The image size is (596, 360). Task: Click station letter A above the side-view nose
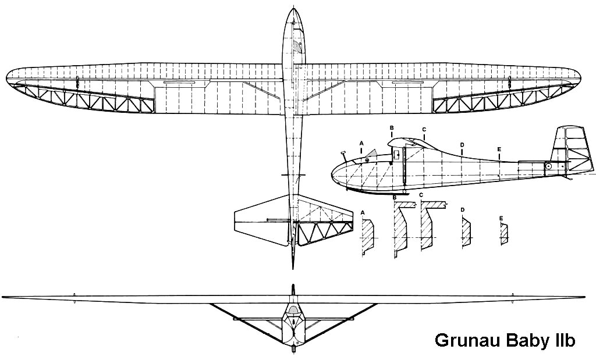tap(361, 143)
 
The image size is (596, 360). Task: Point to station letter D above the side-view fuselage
tap(462, 145)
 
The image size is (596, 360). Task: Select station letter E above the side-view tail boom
tap(499, 149)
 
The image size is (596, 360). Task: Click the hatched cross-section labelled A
tap(367, 236)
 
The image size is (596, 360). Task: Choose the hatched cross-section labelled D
tap(465, 233)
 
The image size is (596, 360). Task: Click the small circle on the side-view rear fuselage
tap(548, 167)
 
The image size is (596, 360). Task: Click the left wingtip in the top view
tap(8, 79)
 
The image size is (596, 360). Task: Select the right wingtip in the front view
tap(582, 297)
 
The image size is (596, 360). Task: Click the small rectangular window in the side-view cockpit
tap(396, 154)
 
